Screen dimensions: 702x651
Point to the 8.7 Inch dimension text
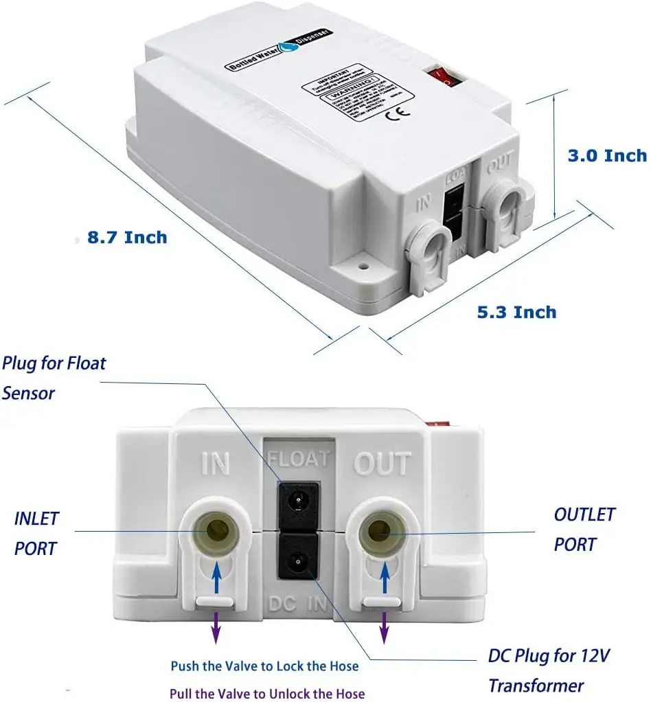click(127, 238)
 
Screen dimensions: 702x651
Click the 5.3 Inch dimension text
click(516, 312)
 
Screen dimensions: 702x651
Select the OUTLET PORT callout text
click(584, 529)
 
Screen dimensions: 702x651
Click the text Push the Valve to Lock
click(264, 666)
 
